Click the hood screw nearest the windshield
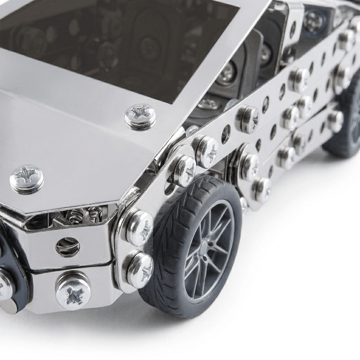[x=140, y=116]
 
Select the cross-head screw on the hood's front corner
[x=26, y=178]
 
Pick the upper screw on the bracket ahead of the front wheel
[x=139, y=227]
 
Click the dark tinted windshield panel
[x=120, y=36]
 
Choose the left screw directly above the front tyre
[x=182, y=169]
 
